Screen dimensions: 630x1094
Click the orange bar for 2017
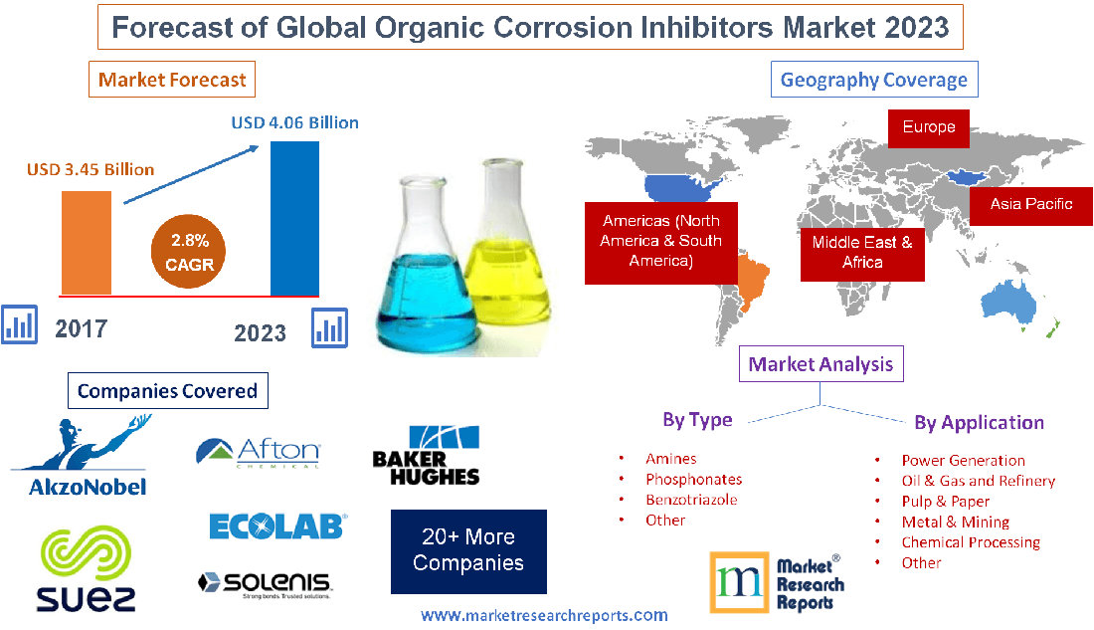(86, 242)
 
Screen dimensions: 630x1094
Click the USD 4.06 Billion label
(294, 122)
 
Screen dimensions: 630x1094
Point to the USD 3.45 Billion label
(91, 169)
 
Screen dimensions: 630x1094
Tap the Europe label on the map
(929, 127)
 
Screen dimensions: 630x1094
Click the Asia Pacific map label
(1031, 204)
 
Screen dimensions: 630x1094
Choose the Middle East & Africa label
(862, 252)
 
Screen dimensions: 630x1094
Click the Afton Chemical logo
(259, 453)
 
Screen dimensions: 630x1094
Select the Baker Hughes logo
(426, 457)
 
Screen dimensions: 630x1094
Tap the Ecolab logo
(277, 525)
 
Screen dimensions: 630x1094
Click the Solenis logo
(265, 583)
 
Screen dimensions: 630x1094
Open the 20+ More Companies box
(468, 550)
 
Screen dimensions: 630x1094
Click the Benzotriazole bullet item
(691, 500)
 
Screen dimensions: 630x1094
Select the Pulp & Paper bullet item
(945, 501)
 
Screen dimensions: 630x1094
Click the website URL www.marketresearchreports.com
(544, 616)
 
